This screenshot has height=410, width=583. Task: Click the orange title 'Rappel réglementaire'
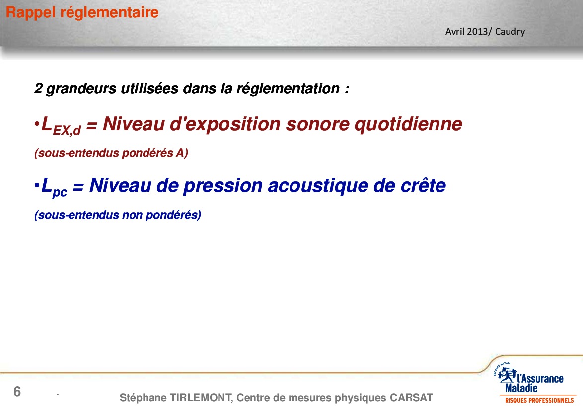point(82,12)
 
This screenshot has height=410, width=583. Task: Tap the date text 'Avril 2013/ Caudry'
point(485,32)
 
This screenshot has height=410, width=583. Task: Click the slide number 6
point(17,392)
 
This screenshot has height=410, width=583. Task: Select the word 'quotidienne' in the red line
point(408,124)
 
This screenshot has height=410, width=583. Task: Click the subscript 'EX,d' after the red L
point(68,130)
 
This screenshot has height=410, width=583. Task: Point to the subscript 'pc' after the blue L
point(60,192)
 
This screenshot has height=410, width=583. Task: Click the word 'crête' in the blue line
point(423,185)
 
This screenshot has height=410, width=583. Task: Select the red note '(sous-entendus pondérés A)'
point(111,153)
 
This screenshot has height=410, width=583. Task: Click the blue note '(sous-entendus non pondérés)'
point(118,215)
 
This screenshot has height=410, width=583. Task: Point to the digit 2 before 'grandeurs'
point(38,89)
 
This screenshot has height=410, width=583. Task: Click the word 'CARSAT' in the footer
point(411,398)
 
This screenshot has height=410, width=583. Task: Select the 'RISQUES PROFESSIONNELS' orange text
point(539,401)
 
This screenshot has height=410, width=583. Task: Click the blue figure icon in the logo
point(507,375)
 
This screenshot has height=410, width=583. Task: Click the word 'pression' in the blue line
point(223,186)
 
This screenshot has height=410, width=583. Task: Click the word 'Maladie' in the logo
point(521,389)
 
